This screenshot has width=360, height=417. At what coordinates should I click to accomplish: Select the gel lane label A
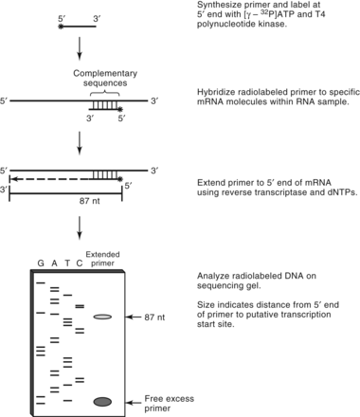54,263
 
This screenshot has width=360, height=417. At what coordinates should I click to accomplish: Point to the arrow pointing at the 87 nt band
135,317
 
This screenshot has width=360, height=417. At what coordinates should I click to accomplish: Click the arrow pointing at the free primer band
135,402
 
